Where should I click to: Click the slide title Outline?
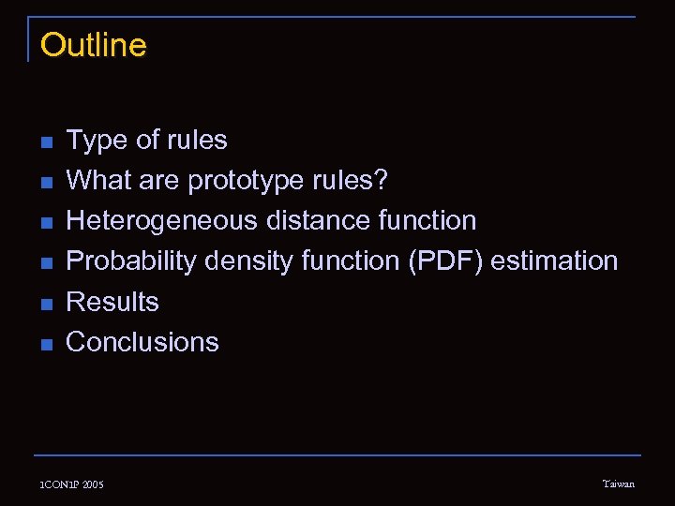(94, 45)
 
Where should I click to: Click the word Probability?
(130, 261)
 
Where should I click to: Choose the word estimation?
(554, 260)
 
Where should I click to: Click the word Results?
(112, 302)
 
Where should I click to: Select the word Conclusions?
(142, 342)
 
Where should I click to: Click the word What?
(97, 181)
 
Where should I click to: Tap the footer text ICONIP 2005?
(72, 484)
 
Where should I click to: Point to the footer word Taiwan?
(618, 484)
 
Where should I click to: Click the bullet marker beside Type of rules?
(46, 142)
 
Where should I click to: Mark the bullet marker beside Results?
(46, 304)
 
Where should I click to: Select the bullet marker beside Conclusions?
(46, 344)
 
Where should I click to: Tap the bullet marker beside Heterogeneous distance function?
(46, 223)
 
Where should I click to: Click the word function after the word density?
(351, 260)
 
